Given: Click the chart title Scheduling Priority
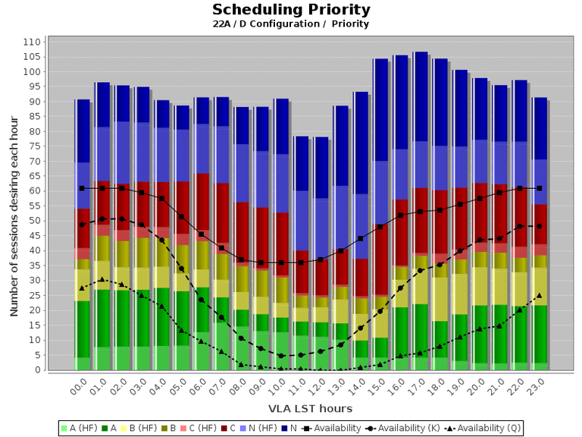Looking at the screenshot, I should [x=291, y=10].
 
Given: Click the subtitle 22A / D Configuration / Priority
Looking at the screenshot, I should [x=291, y=24].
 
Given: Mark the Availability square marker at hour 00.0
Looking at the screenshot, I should [x=83, y=188].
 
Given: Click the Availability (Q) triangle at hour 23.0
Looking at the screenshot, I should [x=539, y=295].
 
